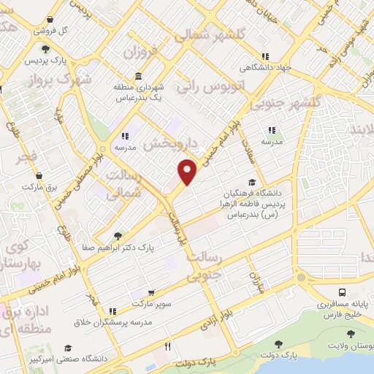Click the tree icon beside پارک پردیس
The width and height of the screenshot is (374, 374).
tap(46, 49)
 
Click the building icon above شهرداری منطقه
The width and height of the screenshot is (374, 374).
tap(139, 77)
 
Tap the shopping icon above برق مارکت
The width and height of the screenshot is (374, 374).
tap(38, 175)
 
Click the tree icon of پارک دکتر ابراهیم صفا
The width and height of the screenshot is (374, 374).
tap(118, 235)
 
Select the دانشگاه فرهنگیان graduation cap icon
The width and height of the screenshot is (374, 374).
tap(253, 183)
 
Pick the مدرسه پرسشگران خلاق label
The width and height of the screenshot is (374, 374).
tap(122, 322)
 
